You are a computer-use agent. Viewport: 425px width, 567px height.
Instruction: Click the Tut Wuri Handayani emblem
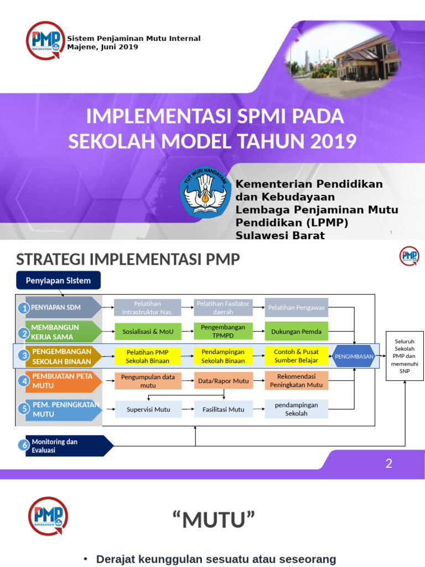(205, 193)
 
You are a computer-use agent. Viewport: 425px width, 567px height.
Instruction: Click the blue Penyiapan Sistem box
(58, 281)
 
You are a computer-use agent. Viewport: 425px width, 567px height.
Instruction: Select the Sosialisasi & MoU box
(147, 332)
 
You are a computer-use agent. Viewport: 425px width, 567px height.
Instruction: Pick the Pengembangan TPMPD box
(223, 331)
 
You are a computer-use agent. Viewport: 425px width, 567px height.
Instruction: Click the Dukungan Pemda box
(296, 332)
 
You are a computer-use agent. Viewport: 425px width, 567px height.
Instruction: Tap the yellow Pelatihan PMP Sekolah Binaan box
(147, 355)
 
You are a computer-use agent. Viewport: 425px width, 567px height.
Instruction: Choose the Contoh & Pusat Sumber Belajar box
(296, 355)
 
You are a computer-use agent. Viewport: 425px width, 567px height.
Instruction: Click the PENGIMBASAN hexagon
(354, 356)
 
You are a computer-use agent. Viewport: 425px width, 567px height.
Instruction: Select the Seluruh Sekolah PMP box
(405, 355)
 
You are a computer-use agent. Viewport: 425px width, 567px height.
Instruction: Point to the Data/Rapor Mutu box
(223, 380)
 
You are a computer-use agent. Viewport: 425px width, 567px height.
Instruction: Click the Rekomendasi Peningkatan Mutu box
(296, 380)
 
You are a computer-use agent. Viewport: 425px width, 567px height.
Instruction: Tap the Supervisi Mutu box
(147, 409)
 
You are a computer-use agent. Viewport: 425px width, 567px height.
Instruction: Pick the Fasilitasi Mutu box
(223, 409)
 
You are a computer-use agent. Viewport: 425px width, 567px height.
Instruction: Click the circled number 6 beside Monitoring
(23, 445)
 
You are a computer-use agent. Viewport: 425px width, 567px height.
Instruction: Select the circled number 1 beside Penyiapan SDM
(23, 308)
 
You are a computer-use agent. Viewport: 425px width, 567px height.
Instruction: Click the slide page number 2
(389, 463)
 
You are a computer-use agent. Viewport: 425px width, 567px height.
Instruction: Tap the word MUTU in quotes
(213, 520)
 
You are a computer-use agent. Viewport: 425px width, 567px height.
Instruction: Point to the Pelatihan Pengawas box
(296, 307)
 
